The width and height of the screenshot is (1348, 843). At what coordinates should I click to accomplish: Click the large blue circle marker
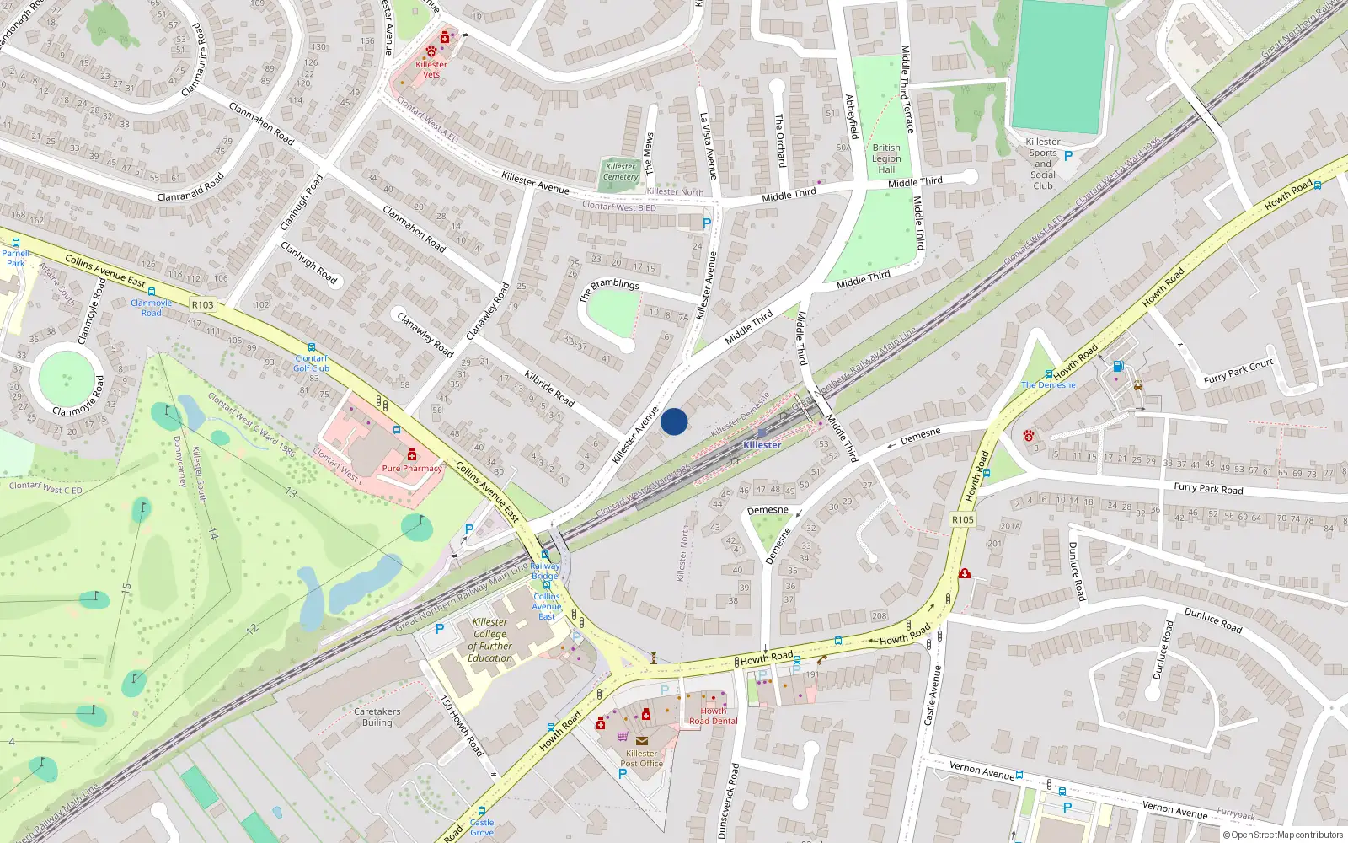[674, 421]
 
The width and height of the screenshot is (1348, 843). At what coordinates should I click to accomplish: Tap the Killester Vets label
[431, 69]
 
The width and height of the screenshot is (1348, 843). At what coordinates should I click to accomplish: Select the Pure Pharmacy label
[412, 469]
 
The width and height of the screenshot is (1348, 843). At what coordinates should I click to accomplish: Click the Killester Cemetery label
[621, 172]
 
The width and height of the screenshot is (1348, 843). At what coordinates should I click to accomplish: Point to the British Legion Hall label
[886, 158]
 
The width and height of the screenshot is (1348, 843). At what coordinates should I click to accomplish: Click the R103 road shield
[203, 304]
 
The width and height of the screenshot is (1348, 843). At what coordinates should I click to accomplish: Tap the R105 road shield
[963, 519]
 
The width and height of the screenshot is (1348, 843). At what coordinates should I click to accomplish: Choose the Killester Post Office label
[642, 759]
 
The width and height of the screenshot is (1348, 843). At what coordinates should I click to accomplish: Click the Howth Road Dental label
[713, 716]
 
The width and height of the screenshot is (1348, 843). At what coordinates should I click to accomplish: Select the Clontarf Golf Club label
[311, 363]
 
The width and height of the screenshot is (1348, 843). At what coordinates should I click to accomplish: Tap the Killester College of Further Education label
[490, 640]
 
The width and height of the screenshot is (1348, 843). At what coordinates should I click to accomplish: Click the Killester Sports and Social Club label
[1043, 164]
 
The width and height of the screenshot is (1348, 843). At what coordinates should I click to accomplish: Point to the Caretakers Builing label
[377, 717]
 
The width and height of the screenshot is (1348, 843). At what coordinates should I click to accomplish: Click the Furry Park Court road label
[1238, 371]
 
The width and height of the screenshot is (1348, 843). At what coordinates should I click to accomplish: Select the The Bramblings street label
[609, 289]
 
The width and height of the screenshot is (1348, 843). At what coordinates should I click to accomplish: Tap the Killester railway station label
[762, 444]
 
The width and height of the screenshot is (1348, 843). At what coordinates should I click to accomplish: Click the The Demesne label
[1048, 385]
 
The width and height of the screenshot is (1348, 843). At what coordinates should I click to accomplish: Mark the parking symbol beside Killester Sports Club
[1068, 156]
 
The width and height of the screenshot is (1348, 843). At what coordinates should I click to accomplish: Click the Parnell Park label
[15, 258]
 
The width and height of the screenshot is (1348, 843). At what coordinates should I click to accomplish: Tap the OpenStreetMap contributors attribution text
[1286, 835]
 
